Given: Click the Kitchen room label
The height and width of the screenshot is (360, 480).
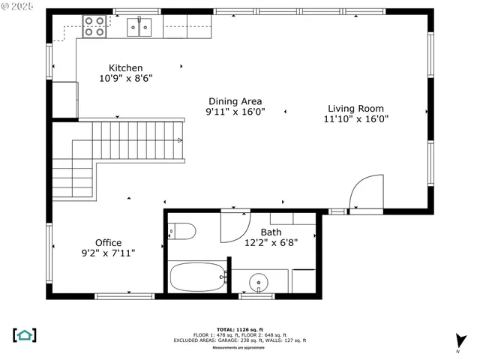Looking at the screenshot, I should point(125,68).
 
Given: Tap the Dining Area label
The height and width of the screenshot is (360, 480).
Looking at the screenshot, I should point(235,101).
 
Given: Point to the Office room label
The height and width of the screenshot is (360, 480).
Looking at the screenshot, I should point(108,243).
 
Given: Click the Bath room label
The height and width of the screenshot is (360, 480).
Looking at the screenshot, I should point(271,232).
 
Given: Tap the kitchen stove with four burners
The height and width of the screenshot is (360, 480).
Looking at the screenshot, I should point(94,27).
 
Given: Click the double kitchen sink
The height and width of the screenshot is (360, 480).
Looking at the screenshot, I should point(139,28).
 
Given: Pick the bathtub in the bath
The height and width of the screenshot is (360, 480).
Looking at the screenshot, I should point(197,277).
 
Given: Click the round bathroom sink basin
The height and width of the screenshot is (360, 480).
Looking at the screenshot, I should point(259,284).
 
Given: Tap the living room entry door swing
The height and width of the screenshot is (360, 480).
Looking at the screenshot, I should point(366,193).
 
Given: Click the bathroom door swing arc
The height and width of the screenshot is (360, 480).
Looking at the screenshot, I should point(235,227).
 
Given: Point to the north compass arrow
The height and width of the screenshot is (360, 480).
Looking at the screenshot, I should point(460,340).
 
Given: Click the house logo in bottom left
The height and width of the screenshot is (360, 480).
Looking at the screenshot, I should point(25,334).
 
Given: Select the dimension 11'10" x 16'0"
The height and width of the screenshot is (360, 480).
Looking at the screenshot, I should point(355,118).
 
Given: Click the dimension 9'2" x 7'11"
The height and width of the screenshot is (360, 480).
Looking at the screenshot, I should point(108,253).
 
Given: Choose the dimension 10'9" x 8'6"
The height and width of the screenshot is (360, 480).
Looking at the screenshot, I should point(125,78).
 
